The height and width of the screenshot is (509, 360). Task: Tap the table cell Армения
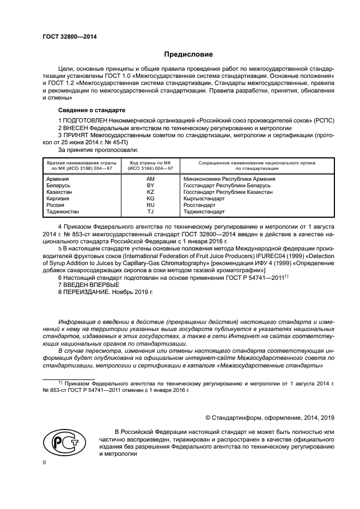pyautogui.click(x=58, y=179)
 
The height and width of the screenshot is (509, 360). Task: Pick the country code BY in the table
pyautogui.click(x=151, y=185)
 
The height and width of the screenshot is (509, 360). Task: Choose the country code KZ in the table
pyautogui.click(x=151, y=192)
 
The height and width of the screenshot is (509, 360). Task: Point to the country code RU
pyautogui.click(x=151, y=205)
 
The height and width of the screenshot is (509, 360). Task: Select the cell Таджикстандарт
pyautogui.click(x=204, y=212)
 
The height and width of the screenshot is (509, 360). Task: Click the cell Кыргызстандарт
pyautogui.click(x=204, y=199)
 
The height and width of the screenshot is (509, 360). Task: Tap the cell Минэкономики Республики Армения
pyautogui.click(x=229, y=179)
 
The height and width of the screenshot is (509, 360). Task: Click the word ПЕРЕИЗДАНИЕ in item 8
pyautogui.click(x=87, y=291)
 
